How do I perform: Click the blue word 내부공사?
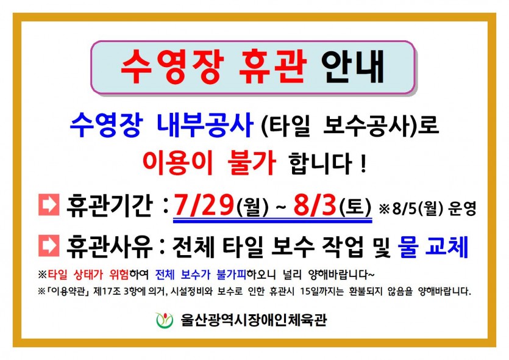pyautogui.click(x=205, y=126)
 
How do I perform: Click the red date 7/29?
pyautogui.click(x=204, y=206)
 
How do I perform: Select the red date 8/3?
pyautogui.click(x=315, y=206)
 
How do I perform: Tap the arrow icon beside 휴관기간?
pyautogui.click(x=49, y=204)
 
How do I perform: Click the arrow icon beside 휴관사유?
pyautogui.click(x=49, y=246)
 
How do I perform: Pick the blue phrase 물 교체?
pyautogui.click(x=433, y=247)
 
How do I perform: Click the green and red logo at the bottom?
pyautogui.click(x=164, y=320)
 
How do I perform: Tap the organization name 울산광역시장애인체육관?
pyautogui.click(x=254, y=320)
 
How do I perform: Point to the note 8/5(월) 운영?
pyautogui.click(x=434, y=208)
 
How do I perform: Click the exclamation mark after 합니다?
pyautogui.click(x=363, y=164)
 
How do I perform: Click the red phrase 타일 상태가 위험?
pyautogui.click(x=88, y=275)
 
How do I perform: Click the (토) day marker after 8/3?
pyautogui.click(x=355, y=207)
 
